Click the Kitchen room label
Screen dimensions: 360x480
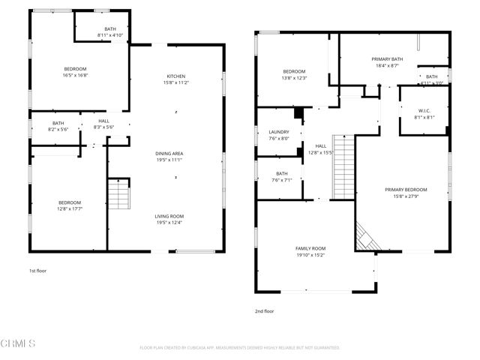(x=175, y=76)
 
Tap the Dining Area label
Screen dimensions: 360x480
(x=169, y=153)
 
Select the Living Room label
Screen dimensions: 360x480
(x=169, y=216)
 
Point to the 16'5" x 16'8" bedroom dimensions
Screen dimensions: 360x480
(x=75, y=75)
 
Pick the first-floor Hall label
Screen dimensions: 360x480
(x=103, y=121)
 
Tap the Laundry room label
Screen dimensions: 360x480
(x=278, y=132)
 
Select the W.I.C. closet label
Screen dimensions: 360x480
(x=424, y=111)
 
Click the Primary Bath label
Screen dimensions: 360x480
(x=388, y=59)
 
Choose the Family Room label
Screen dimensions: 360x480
(x=310, y=248)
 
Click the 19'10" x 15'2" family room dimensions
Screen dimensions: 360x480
(x=310, y=255)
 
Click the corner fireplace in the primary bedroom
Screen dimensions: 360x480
(x=366, y=238)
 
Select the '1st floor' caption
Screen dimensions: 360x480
(x=37, y=270)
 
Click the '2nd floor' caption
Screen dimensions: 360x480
(x=265, y=310)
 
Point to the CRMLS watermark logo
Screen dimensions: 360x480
(x=18, y=344)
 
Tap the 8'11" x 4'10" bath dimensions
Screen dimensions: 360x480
(x=111, y=35)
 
